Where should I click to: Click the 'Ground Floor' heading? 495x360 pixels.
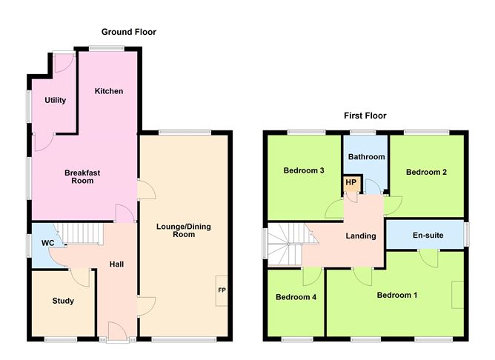click(129, 32)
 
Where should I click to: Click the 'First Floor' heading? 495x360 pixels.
click(365, 116)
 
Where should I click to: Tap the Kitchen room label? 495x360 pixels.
click(108, 91)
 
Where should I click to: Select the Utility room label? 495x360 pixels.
click(55, 100)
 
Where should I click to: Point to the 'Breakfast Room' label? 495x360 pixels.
click(82, 176)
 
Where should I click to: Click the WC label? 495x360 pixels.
click(48, 243)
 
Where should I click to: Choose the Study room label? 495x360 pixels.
click(62, 301)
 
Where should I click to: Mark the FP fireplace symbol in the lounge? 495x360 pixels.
click(222, 290)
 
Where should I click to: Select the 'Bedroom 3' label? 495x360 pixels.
click(304, 170)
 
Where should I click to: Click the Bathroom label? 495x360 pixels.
click(367, 157)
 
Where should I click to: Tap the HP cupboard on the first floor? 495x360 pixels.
click(349, 182)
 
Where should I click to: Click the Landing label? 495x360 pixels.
click(361, 236)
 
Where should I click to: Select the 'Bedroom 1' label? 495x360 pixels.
click(397, 296)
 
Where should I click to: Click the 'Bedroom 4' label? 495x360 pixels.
click(296, 298)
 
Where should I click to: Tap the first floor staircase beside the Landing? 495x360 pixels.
click(286, 244)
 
